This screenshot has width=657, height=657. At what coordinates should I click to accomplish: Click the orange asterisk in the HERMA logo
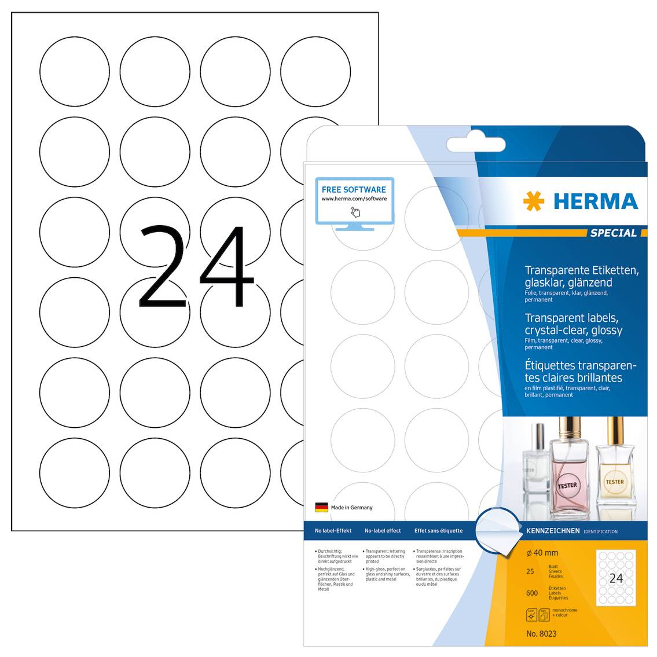click(x=533, y=201)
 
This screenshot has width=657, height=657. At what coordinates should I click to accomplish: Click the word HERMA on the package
click(x=596, y=201)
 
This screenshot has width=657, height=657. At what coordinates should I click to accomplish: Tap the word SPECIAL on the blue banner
click(x=613, y=233)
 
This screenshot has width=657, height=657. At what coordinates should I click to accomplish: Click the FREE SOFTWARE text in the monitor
click(x=354, y=189)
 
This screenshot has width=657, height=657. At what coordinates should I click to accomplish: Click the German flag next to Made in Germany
click(x=321, y=508)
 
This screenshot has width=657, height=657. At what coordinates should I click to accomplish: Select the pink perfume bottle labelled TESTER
click(x=567, y=469)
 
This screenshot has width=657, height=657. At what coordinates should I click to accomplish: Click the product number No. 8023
click(x=541, y=634)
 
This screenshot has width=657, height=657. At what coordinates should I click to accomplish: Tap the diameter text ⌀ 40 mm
click(x=542, y=553)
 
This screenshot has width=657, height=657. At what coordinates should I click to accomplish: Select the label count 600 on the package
click(x=532, y=593)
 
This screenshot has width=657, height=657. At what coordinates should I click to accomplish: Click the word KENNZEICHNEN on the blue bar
click(x=553, y=531)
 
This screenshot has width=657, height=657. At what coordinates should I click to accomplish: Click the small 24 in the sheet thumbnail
click(x=616, y=578)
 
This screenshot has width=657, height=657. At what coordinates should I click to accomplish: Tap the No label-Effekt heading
click(x=333, y=531)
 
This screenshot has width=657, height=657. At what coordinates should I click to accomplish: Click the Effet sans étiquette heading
click(x=438, y=531)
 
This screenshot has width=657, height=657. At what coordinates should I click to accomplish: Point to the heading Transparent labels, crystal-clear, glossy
click(x=573, y=324)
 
